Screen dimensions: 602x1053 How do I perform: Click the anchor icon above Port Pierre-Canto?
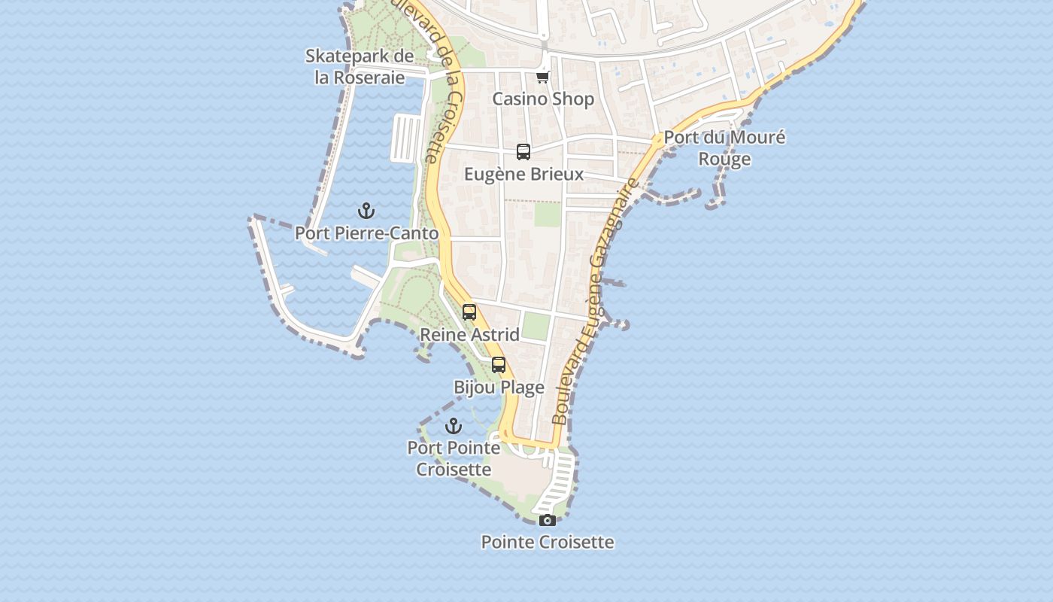click(366, 211)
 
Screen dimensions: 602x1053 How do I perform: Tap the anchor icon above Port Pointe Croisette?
click(454, 427)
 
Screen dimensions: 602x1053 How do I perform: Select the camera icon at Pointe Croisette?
click(548, 520)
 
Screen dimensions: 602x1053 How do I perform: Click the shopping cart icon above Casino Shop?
click(543, 77)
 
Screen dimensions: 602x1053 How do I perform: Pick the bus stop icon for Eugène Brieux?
click(523, 152)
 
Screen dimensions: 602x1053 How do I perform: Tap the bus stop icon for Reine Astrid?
click(469, 312)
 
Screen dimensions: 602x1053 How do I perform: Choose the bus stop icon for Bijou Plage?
click(499, 366)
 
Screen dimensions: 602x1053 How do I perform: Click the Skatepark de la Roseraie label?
click(360, 66)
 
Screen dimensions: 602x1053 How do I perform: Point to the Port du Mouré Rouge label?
click(724, 147)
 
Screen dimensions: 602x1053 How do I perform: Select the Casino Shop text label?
click(543, 99)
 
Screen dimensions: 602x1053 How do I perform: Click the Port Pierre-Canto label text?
click(366, 233)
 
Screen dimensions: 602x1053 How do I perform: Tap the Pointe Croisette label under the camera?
click(548, 542)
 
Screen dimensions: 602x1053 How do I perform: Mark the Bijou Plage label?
click(499, 388)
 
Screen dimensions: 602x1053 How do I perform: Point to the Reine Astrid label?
click(469, 334)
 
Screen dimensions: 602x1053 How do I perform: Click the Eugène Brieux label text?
click(523, 174)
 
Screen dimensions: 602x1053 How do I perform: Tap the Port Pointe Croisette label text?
click(454, 458)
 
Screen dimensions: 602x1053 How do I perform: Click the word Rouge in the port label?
click(724, 159)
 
